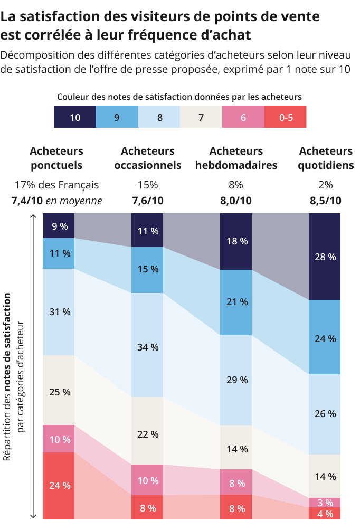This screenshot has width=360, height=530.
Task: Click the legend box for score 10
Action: pyautogui.click(x=75, y=117)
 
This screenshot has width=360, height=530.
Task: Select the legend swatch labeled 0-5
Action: pyautogui.click(x=285, y=117)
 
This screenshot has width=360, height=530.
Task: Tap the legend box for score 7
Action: pyautogui.click(x=201, y=117)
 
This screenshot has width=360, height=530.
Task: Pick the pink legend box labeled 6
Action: pyautogui.click(x=243, y=117)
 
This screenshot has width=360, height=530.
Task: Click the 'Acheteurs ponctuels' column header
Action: pyautogui.click(x=57, y=158)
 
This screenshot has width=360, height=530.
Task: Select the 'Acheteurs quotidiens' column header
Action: pyautogui.click(x=326, y=158)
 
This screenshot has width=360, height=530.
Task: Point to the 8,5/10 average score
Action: pyautogui.click(x=326, y=201)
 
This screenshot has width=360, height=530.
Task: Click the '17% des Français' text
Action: pyautogui.click(x=57, y=185)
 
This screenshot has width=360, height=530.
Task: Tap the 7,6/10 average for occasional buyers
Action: pyautogui.click(x=147, y=201)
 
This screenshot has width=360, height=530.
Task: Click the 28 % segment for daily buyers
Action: pyautogui.click(x=325, y=257)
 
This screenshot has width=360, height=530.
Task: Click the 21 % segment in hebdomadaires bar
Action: pyautogui.click(x=236, y=302)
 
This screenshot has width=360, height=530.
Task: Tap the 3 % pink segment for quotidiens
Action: pyautogui.click(x=325, y=503)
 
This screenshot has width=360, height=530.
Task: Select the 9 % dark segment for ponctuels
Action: pyautogui.click(x=59, y=226)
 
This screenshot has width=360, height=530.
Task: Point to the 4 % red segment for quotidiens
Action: pyautogui.click(x=325, y=514)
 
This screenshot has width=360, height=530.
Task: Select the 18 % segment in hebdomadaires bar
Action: pyautogui.click(x=236, y=241)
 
